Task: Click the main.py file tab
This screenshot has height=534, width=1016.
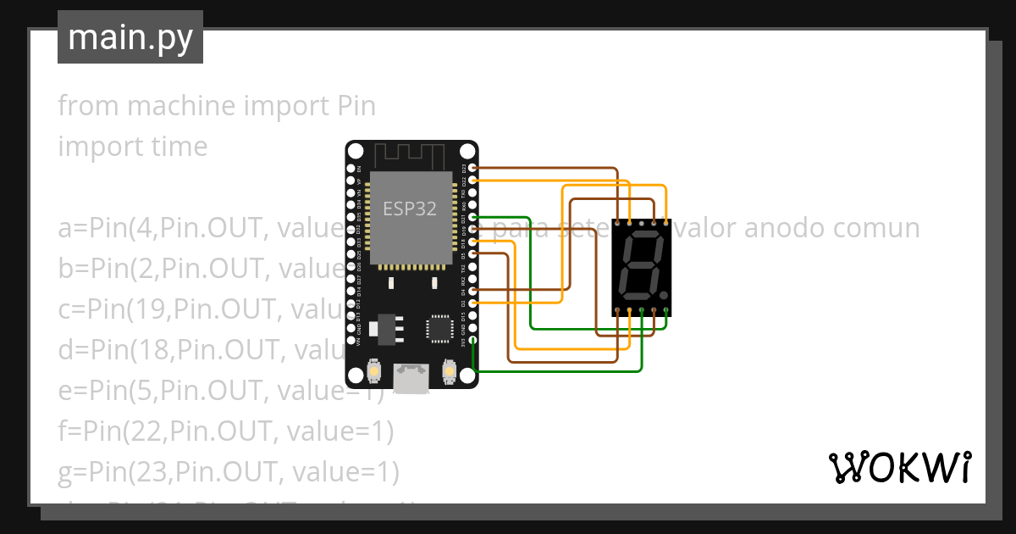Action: tap(130, 38)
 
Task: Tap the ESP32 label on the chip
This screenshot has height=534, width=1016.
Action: tap(410, 209)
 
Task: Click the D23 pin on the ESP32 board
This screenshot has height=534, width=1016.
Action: tap(473, 169)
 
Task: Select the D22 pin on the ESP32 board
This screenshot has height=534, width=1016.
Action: tap(473, 181)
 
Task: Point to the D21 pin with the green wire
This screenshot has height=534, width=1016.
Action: tap(473, 217)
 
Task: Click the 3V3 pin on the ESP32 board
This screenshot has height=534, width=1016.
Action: tap(473, 341)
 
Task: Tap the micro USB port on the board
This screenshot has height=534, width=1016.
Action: tap(411, 378)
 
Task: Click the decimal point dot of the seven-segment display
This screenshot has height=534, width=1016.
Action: tap(663, 296)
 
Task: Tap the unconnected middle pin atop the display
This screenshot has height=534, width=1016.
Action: tap(642, 223)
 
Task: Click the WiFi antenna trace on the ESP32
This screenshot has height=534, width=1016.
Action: tap(410, 155)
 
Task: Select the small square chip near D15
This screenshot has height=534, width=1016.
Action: tap(439, 327)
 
